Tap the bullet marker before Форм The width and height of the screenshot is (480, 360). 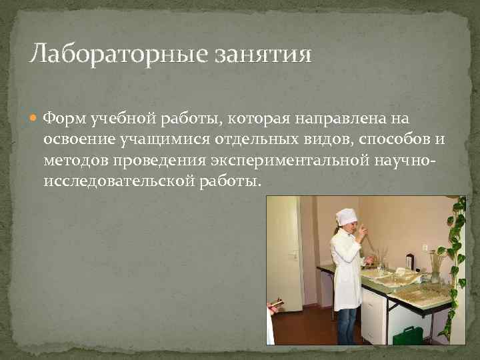click(x=35, y=119)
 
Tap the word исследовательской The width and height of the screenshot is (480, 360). click(x=118, y=181)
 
